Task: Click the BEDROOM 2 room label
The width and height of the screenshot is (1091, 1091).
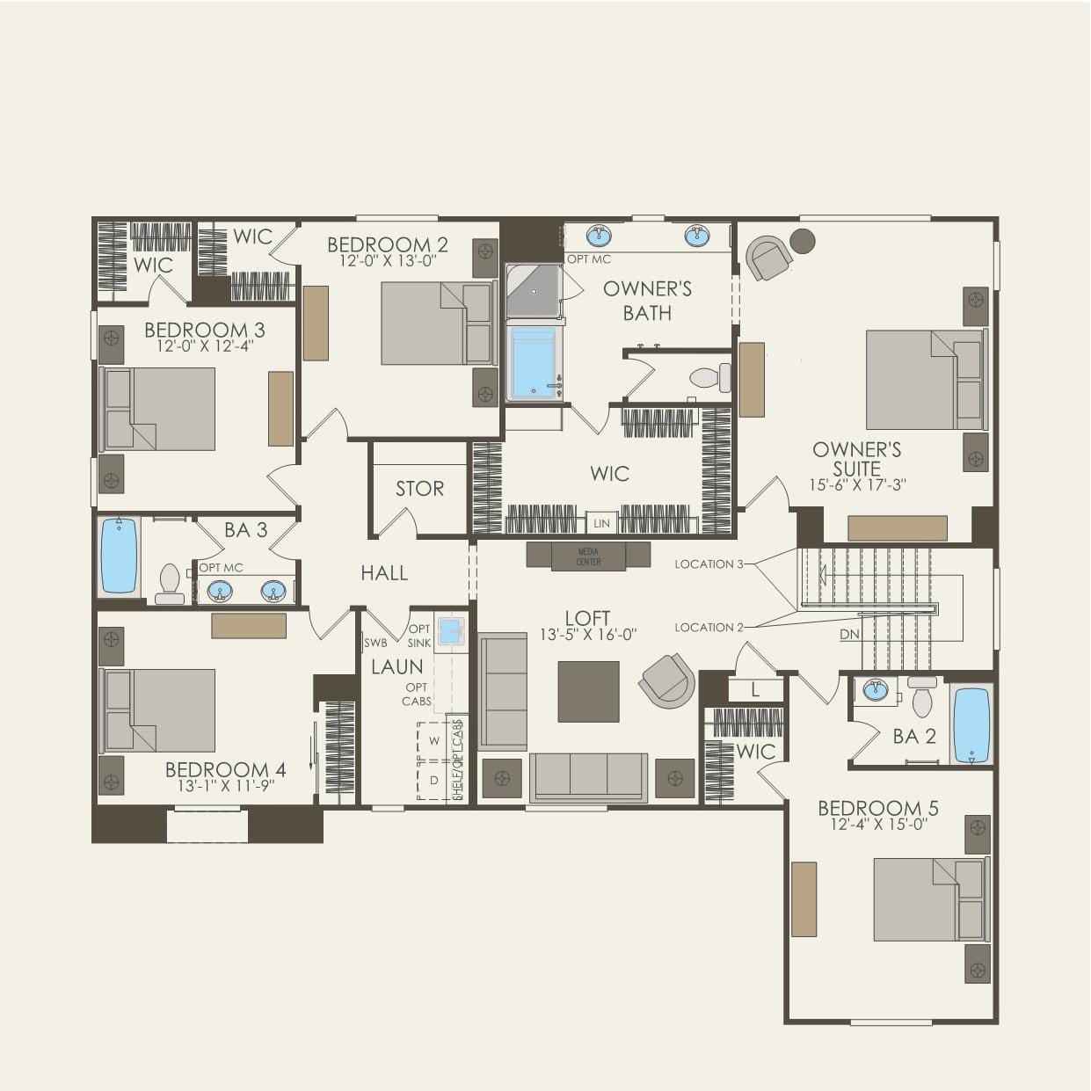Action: [x=387, y=244]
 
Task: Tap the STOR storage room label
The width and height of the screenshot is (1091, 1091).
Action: [x=419, y=489]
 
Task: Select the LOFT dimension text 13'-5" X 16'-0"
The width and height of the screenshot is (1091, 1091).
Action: [x=587, y=634]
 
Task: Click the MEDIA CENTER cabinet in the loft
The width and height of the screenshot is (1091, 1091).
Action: [x=588, y=556]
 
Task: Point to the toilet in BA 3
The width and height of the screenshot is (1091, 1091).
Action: [x=170, y=584]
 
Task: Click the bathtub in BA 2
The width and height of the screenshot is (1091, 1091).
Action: [x=971, y=724]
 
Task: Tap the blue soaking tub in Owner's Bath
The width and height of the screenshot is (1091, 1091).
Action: [x=534, y=362]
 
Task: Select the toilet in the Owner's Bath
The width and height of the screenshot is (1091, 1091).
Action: [x=710, y=378]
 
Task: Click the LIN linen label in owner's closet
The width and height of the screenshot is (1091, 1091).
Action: [x=601, y=523]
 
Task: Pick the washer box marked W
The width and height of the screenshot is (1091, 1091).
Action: [x=433, y=741]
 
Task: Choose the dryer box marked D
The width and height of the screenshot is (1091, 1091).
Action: [x=433, y=780]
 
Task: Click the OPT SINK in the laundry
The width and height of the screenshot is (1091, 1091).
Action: [x=451, y=630]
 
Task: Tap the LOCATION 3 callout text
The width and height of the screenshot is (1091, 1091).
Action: [x=709, y=564]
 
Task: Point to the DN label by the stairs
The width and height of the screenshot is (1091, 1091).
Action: [x=849, y=635]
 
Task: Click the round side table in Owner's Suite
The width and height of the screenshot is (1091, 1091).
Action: [x=802, y=240]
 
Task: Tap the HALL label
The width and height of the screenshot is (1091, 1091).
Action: [x=384, y=573]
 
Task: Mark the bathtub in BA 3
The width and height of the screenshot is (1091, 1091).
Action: [x=119, y=556]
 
